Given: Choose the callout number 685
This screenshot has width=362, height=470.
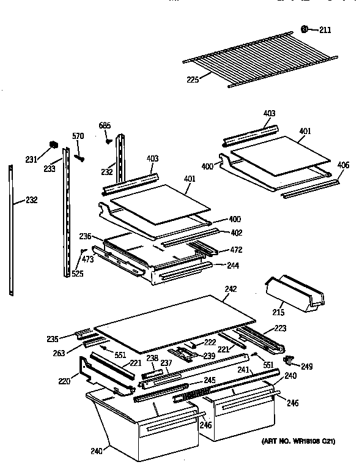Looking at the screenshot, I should point(105,126).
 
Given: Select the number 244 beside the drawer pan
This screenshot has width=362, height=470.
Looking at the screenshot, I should point(232,266).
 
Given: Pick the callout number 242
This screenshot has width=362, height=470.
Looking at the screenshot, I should point(230,289).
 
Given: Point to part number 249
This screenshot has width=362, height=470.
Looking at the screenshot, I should point(306,367).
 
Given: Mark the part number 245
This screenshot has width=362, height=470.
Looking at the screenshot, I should point(210,380).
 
